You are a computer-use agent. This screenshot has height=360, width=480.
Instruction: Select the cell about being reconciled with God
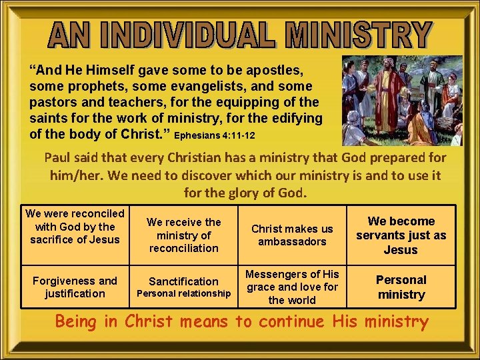pyautogui.click(x=75, y=227)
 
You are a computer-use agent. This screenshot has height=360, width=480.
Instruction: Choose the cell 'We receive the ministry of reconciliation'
pyautogui.click(x=183, y=235)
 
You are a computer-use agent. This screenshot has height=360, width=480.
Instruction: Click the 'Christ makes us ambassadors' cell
pyautogui.click(x=292, y=235)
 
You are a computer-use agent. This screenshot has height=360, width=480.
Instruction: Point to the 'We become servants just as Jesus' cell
pyautogui.click(x=401, y=235)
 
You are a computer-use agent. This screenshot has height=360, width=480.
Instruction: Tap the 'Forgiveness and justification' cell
pyautogui.click(x=75, y=287)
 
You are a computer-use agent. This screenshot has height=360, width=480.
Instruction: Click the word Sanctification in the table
pyautogui.click(x=183, y=281)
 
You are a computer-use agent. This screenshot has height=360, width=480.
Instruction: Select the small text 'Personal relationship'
pyautogui.click(x=183, y=294)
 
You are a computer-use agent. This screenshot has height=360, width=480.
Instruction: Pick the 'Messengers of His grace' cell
pyautogui.click(x=292, y=287)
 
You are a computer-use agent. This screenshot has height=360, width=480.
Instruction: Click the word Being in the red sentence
pyautogui.click(x=77, y=322)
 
